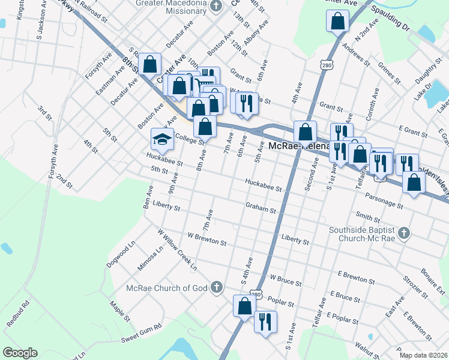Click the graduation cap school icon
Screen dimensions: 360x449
(161, 140)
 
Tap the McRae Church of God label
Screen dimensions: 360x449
(166, 288)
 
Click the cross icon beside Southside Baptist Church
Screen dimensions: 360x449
(405, 233)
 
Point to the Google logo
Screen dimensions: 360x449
(20, 353)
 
